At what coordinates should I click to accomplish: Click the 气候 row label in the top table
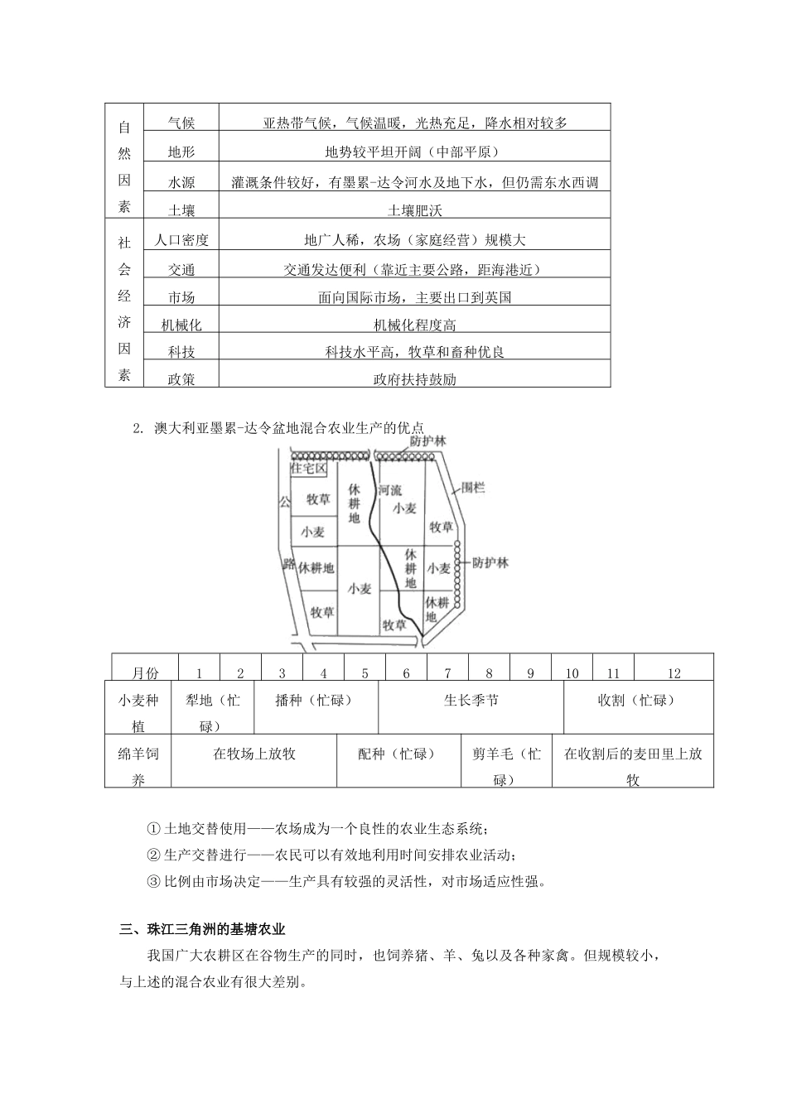click(181, 123)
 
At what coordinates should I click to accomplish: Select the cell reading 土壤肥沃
click(415, 210)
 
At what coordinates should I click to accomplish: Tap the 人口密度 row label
click(181, 240)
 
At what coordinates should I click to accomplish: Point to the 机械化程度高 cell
click(415, 325)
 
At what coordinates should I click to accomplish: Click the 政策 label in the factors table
click(181, 380)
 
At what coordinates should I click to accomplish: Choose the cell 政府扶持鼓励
click(415, 380)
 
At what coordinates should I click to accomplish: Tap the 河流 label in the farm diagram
click(389, 490)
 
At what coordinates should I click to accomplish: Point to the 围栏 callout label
click(473, 488)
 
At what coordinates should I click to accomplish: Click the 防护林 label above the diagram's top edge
click(427, 441)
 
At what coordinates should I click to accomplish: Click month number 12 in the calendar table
click(674, 673)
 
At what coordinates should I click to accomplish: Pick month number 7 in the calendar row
click(447, 673)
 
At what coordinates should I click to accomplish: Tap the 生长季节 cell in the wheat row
click(471, 701)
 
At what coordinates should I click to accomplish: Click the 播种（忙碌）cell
click(315, 701)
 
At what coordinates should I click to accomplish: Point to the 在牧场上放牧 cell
click(253, 754)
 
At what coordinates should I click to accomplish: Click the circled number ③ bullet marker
click(152, 881)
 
